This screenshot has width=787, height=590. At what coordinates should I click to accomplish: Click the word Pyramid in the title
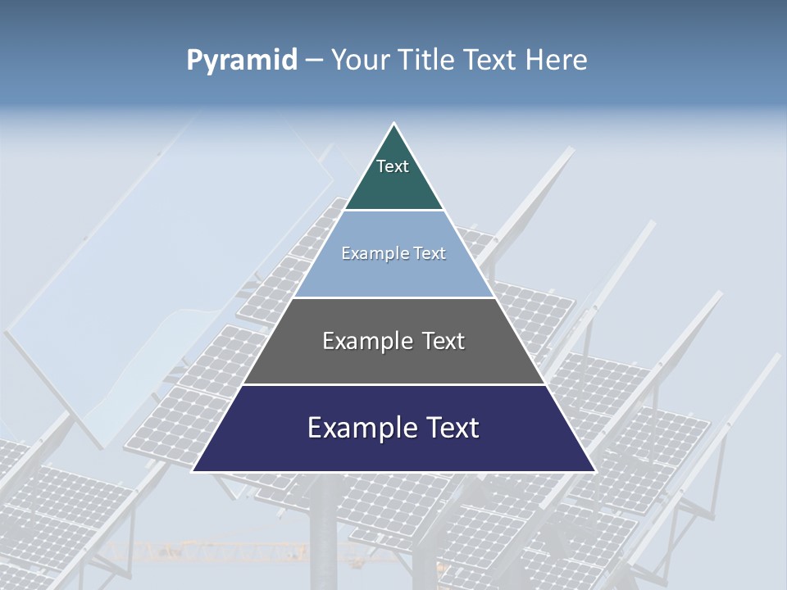tap(241, 61)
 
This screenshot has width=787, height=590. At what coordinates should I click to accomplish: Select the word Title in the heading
tap(426, 60)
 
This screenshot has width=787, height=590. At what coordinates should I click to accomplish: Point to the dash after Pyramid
tap(313, 61)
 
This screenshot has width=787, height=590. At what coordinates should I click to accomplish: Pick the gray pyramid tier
tap(393, 361)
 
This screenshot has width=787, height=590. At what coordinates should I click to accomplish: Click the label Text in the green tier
tap(393, 166)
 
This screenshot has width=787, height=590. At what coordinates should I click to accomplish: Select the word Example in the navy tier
tap(357, 428)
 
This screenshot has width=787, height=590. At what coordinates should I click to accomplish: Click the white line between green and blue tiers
tap(393, 211)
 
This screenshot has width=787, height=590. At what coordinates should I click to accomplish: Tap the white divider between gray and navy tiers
tap(393, 384)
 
